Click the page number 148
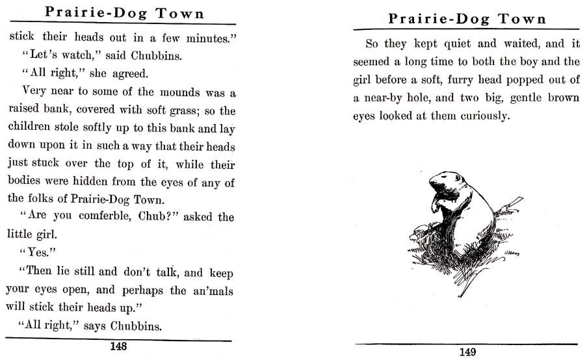coord(118,346)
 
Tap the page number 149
coord(467,352)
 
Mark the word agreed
coord(129,74)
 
